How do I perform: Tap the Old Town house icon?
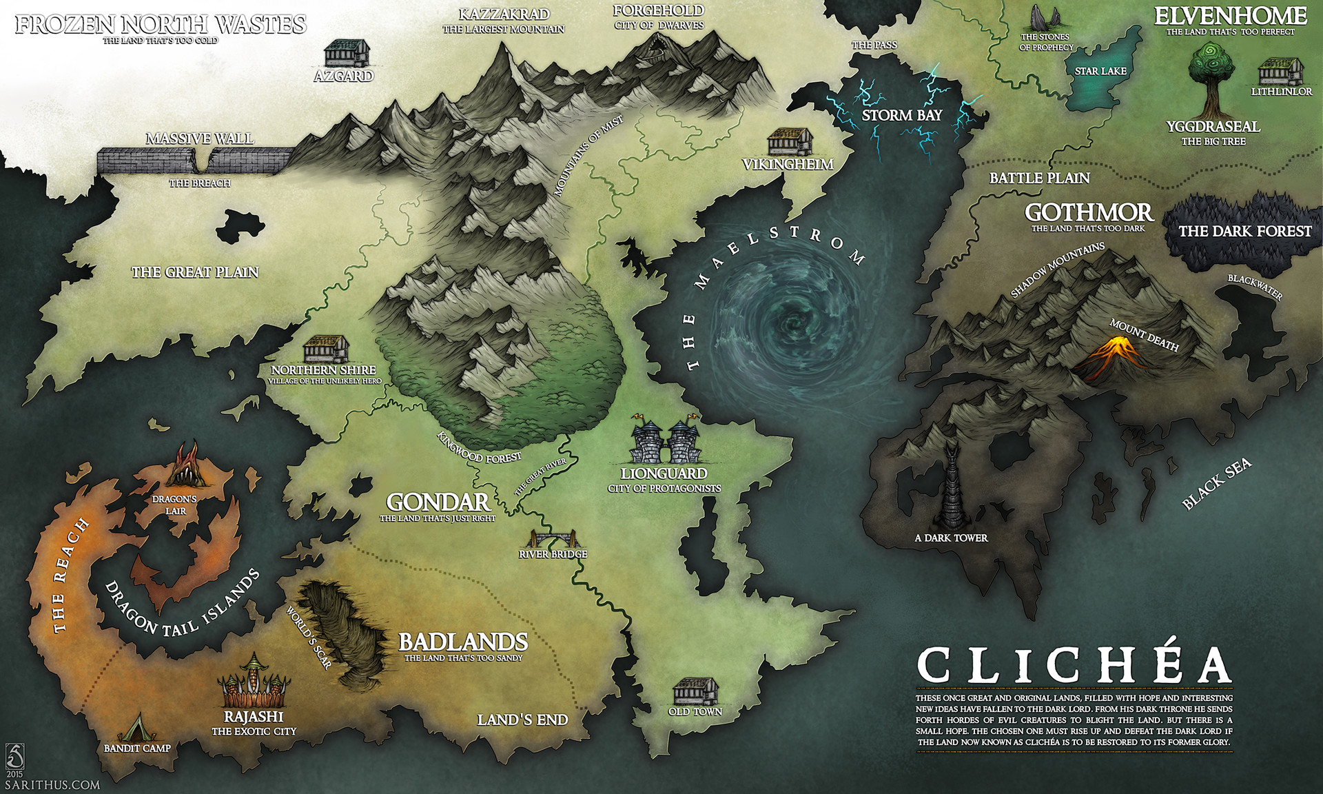click(x=695, y=691)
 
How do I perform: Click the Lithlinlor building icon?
click(x=1281, y=72)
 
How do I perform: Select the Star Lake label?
click(x=1100, y=71)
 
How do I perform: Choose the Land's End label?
click(x=522, y=720)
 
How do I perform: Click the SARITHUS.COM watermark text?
click(x=52, y=784)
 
